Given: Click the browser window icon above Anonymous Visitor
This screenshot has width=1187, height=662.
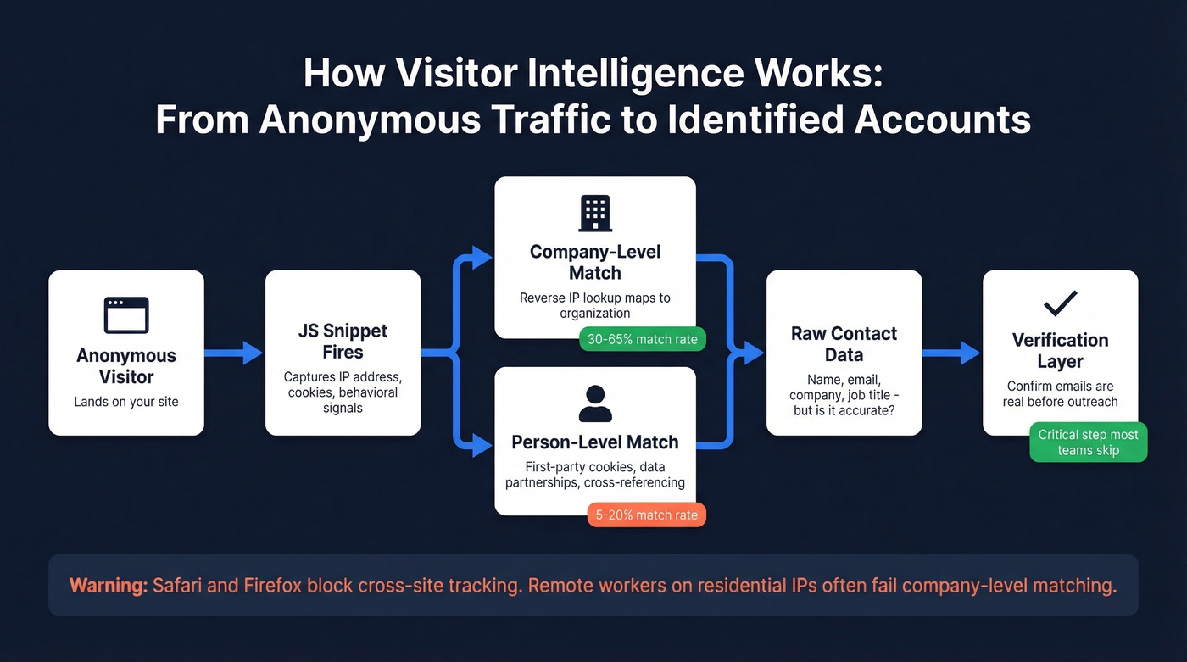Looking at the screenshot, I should tap(126, 315).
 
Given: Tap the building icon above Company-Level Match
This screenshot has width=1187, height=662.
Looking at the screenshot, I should tap(595, 214).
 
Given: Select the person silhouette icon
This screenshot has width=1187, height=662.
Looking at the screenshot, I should tap(595, 403).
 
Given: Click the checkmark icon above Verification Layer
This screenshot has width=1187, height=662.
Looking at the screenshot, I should tap(1061, 303).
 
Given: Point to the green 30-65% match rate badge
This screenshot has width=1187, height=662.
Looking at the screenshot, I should tap(642, 340).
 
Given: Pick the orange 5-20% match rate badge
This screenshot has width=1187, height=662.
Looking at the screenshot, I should tap(647, 515).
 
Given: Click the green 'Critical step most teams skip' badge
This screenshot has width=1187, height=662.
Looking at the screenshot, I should tap(1088, 442).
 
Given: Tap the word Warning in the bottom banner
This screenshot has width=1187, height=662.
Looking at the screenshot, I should tap(108, 585).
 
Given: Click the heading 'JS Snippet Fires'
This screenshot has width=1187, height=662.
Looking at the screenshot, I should tap(343, 342).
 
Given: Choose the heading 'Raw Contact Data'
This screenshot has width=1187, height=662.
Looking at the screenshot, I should tap(844, 344).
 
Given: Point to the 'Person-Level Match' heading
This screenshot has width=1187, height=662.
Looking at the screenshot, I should tap(595, 442).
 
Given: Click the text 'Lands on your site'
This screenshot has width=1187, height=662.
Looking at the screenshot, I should tap(126, 401).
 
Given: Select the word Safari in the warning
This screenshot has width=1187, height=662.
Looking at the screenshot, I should tap(179, 585).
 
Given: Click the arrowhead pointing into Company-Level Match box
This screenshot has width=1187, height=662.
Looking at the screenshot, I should tap(483, 258).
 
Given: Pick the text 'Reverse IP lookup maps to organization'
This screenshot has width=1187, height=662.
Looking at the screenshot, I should tap(595, 305).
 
